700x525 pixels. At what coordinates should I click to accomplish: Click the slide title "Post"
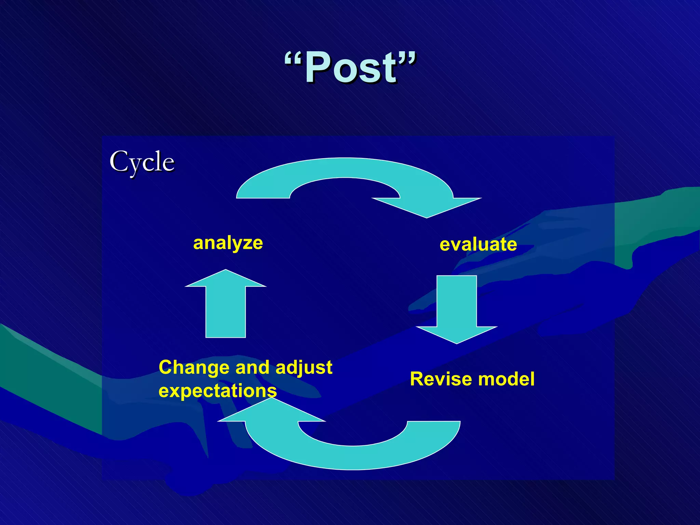click(x=350, y=67)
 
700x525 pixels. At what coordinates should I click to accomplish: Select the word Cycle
click(x=142, y=162)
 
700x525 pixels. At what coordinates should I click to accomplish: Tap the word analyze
click(x=228, y=243)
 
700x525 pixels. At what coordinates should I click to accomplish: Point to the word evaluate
click(x=478, y=244)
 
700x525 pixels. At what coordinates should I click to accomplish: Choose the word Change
click(x=194, y=367)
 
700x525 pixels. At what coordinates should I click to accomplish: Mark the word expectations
click(x=217, y=391)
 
